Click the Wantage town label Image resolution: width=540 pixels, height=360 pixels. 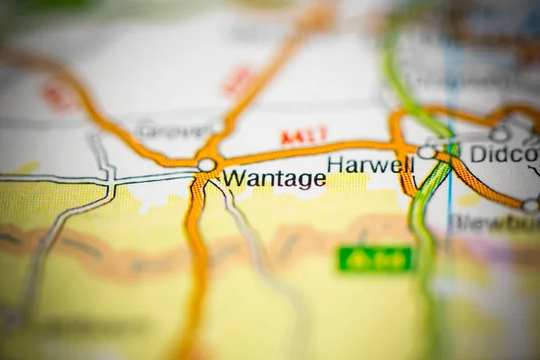[274, 179]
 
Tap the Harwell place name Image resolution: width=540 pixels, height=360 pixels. [371, 165]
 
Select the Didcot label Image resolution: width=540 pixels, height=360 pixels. [504, 154]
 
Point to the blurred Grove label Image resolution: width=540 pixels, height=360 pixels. [176, 130]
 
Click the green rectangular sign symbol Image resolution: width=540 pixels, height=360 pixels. [375, 259]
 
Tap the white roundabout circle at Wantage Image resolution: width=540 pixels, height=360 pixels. [207, 165]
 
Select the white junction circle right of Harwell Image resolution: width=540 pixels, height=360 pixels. [427, 153]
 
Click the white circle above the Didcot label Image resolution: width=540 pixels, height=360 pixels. [499, 134]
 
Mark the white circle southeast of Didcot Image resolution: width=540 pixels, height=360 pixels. [530, 206]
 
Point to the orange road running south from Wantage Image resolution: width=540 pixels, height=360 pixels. [195, 261]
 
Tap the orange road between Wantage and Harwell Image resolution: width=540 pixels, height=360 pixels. [306, 150]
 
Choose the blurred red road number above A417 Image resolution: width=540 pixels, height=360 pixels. [238, 82]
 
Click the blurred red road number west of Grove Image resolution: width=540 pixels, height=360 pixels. [59, 97]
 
